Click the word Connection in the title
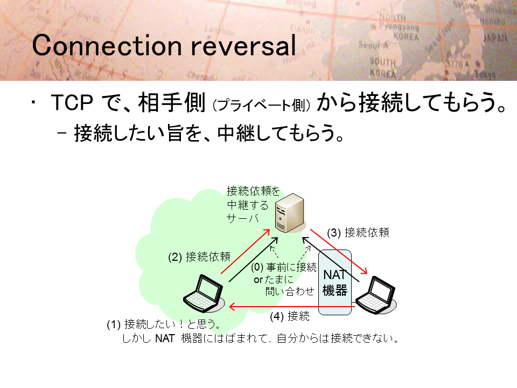(x=107, y=45)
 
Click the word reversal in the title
(x=243, y=45)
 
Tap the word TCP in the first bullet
(x=72, y=102)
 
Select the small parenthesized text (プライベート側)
(x=262, y=105)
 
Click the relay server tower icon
(x=290, y=213)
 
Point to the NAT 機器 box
(x=334, y=282)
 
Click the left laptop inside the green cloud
(x=204, y=293)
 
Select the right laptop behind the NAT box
(x=375, y=295)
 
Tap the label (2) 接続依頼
(x=199, y=257)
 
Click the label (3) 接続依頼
(x=358, y=233)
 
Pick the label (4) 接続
(x=290, y=316)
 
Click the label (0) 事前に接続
(x=284, y=267)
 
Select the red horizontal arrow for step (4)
(x=292, y=307)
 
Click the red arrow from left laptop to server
(x=246, y=252)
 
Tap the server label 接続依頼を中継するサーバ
(x=253, y=205)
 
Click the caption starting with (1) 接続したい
(x=252, y=331)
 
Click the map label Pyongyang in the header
(x=399, y=26)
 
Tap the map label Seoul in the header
(x=370, y=45)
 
